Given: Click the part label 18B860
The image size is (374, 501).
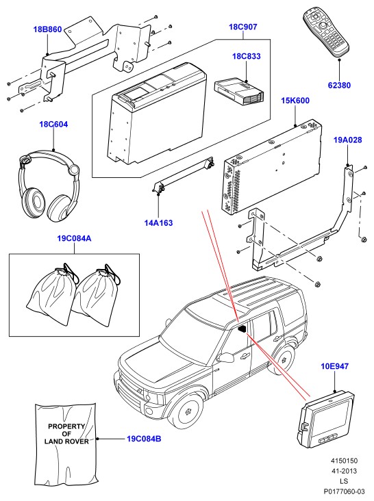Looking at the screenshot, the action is click(x=47, y=29).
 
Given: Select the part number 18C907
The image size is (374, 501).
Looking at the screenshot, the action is click(x=243, y=27).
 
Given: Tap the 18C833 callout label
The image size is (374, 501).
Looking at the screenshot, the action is click(x=247, y=56).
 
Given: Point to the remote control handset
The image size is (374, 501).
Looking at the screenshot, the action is click(x=326, y=33).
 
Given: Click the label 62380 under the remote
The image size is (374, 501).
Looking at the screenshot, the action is click(x=339, y=86).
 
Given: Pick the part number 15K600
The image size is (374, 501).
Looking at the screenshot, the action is click(x=295, y=101).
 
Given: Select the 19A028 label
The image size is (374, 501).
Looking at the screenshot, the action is click(x=348, y=140).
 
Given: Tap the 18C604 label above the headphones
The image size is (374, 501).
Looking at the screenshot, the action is click(x=53, y=125).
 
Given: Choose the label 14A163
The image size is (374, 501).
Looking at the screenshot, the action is click(x=158, y=223).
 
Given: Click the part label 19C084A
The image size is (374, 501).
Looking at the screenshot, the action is click(x=74, y=239).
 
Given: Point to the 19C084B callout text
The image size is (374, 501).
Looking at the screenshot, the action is click(x=144, y=439).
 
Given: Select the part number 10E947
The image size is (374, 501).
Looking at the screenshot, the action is click(x=334, y=366).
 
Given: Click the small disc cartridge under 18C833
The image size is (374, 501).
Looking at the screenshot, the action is click(x=240, y=92).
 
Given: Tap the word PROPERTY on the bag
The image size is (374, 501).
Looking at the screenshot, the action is click(x=66, y=426).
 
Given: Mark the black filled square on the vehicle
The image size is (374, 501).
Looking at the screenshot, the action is click(x=242, y=329).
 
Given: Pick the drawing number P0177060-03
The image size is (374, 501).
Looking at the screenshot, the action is click(x=344, y=491).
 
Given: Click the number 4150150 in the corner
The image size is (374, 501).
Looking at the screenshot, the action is click(x=344, y=461).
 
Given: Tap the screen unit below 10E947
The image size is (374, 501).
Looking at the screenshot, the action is click(x=326, y=419).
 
